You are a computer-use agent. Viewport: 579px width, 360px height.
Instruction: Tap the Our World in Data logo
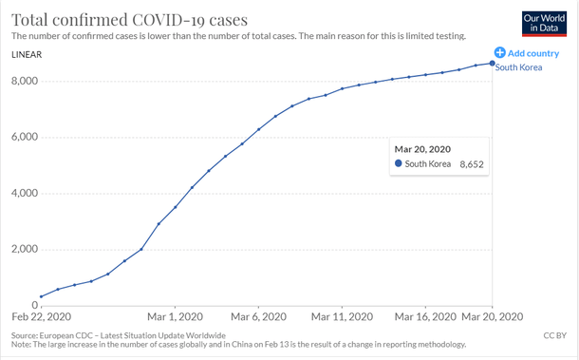(x=545, y=23)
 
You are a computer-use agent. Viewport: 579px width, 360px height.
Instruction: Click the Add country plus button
(x=499, y=53)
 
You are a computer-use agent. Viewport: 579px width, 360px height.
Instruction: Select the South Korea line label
(x=519, y=68)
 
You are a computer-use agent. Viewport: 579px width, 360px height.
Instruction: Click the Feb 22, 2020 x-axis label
(x=41, y=316)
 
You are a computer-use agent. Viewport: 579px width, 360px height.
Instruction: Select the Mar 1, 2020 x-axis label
(x=175, y=316)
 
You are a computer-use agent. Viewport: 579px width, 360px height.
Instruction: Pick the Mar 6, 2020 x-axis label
(x=258, y=316)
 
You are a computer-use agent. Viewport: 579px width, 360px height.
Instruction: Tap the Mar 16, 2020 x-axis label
(x=425, y=316)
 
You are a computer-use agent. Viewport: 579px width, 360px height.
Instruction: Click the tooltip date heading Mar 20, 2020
(x=422, y=149)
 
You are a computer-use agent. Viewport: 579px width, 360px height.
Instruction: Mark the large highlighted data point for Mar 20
(x=492, y=63)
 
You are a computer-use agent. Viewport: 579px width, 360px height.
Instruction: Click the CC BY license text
(x=554, y=335)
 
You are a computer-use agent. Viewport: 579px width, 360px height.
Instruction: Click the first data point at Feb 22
(x=41, y=296)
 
